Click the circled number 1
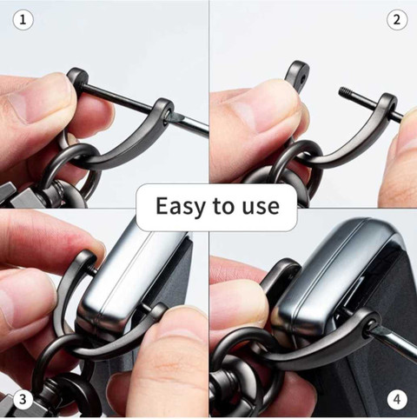click(23, 20)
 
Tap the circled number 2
click(397, 20)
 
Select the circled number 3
click(23, 400)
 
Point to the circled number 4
click(397, 400)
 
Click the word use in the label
click(261, 207)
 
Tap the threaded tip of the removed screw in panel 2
click(344, 92)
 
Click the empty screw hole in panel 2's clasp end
click(303, 78)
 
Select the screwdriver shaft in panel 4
click(393, 343)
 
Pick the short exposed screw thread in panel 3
click(93, 270)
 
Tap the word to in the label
click(223, 207)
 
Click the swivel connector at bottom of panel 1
click(59, 191)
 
